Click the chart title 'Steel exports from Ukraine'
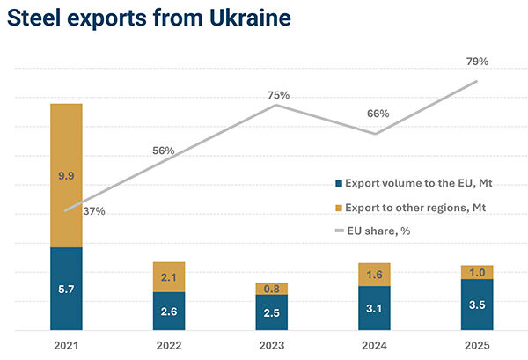point(150,18)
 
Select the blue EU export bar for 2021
point(66,288)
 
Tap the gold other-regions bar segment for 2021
point(66,176)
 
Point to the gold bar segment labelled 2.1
point(169,277)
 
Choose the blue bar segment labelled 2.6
point(169,311)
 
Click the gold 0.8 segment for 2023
point(272,289)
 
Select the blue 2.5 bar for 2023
point(272,312)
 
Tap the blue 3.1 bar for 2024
point(374,308)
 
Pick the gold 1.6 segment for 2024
point(374,275)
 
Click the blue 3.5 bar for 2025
point(477,305)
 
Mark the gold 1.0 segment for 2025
point(477,272)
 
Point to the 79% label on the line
point(477,62)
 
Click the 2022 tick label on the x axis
point(169,345)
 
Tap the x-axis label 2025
point(477,345)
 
